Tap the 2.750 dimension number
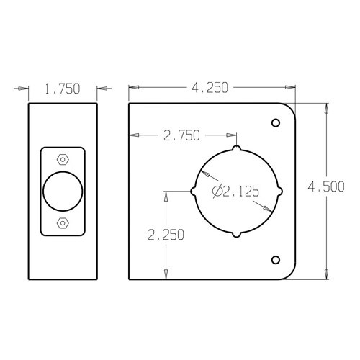coord(181,135)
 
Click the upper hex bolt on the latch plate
coord(63,158)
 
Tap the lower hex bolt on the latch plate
coord(63,223)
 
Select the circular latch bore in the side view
coord(63,192)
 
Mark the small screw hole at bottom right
coord(274,259)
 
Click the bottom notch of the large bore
coord(237,235)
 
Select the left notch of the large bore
coord(194,192)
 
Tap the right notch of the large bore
coord(280,192)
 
